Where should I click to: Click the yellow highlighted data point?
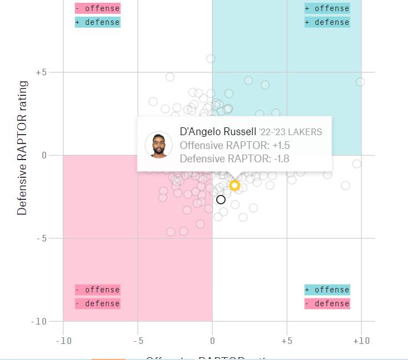tap(234, 185)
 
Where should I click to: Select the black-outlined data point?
tap(221, 199)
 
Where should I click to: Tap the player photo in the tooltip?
tap(159, 145)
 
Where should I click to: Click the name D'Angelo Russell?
tap(218, 132)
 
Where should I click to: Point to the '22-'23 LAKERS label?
tap(290, 132)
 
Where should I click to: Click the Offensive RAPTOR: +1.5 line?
tap(234, 146)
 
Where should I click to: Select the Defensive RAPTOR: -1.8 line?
tap(234, 159)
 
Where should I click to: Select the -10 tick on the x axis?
tap(64, 341)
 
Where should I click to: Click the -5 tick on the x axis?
tap(139, 341)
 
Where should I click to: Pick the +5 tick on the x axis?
tap(287, 341)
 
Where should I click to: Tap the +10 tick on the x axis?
tap(361, 341)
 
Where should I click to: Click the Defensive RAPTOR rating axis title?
tap(22, 148)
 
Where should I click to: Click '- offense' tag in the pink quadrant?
tap(98, 290)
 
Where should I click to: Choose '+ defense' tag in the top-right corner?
tap(327, 22)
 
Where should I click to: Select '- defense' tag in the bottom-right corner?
tap(327, 304)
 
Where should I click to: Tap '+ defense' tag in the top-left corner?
tap(98, 22)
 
